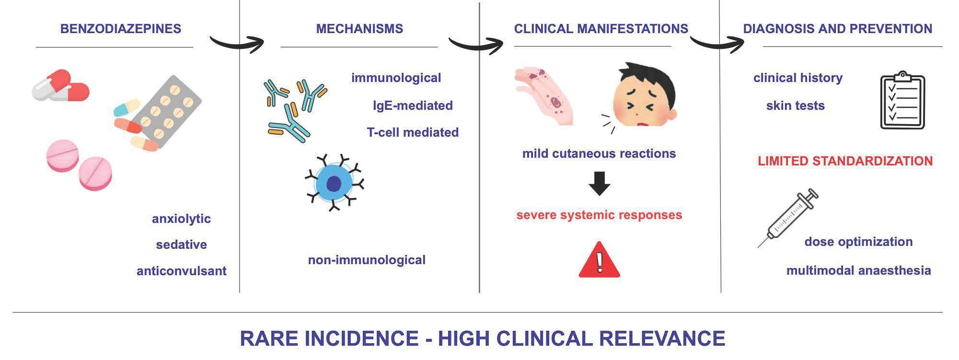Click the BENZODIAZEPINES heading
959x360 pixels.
(x=121, y=29)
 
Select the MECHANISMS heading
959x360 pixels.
(x=359, y=29)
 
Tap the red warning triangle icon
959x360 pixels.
(x=599, y=260)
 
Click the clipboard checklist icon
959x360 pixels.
(x=902, y=100)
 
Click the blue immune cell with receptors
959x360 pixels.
(x=334, y=183)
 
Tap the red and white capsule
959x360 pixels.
(x=61, y=86)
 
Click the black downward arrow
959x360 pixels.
(x=599, y=184)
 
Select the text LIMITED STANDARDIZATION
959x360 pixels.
(x=845, y=161)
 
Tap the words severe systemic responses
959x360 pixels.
(x=599, y=215)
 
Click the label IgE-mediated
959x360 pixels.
(x=413, y=105)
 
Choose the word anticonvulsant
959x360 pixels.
(x=182, y=271)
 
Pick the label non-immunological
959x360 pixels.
(x=367, y=260)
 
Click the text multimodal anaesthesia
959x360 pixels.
(x=858, y=270)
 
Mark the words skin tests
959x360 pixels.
(x=795, y=105)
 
